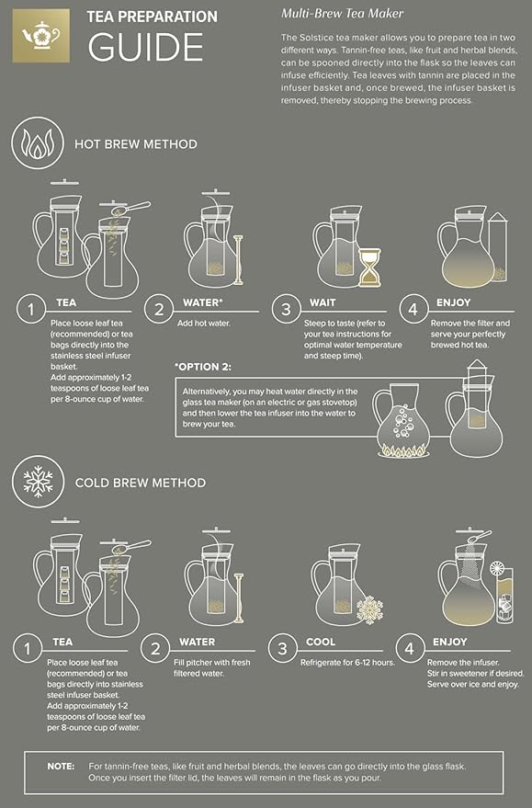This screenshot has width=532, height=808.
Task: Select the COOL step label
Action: tap(319, 642)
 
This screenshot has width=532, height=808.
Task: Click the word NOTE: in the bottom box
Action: tap(62, 766)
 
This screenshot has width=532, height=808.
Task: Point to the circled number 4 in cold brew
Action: tap(415, 650)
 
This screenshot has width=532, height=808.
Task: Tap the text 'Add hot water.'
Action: tap(202, 322)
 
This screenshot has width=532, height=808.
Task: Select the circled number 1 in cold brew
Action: tap(31, 650)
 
